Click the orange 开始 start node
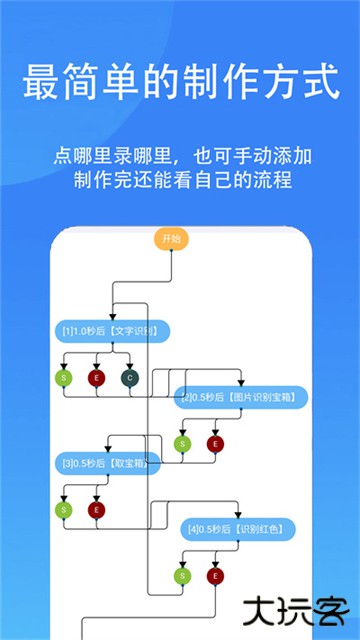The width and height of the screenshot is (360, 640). pyautogui.click(x=170, y=239)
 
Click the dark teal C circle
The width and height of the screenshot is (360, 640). pyautogui.click(x=129, y=378)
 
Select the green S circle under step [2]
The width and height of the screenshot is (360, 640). pyautogui.click(x=182, y=444)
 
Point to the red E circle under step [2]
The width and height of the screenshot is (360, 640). pyautogui.click(x=214, y=444)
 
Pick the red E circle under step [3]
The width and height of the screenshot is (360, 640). pyautogui.click(x=97, y=510)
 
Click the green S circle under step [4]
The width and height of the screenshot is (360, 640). pyautogui.click(x=182, y=575)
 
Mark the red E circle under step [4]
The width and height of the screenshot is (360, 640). pyautogui.click(x=214, y=575)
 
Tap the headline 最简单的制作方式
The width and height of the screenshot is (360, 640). pyautogui.click(x=180, y=81)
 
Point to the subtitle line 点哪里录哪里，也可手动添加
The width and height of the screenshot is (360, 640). pyautogui.click(x=180, y=156)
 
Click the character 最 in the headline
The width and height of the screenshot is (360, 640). pyautogui.click(x=39, y=81)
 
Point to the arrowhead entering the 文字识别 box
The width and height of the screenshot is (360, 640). pyautogui.click(x=113, y=317)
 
